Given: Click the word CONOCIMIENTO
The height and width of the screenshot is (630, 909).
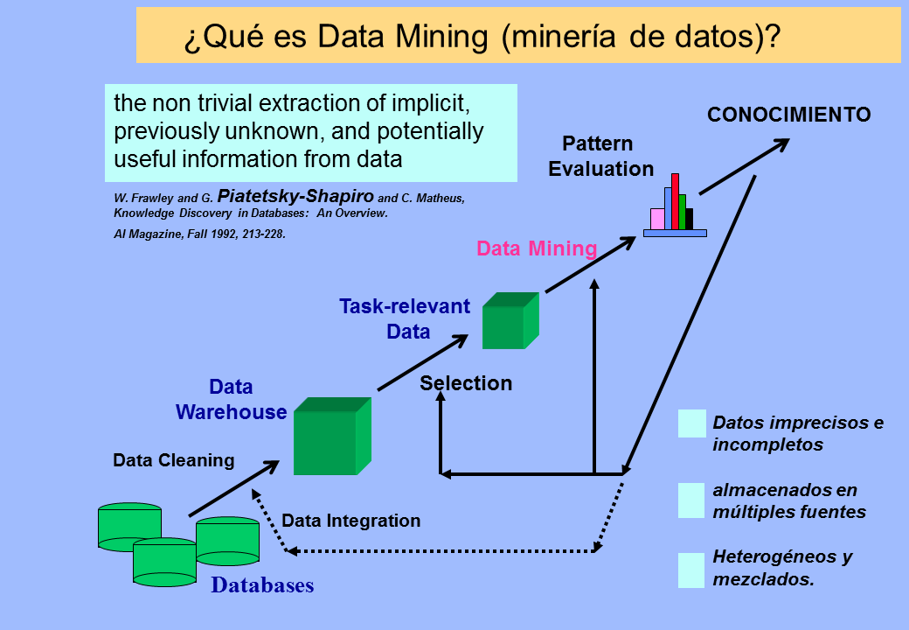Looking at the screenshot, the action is tap(789, 115).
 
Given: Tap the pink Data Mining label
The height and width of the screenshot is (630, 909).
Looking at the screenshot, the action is tap(537, 248).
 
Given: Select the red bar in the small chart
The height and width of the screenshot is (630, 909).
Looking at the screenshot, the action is tap(675, 202).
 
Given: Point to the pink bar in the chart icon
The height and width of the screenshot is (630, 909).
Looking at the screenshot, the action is tap(657, 220).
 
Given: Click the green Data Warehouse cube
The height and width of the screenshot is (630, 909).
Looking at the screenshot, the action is tap(332, 437).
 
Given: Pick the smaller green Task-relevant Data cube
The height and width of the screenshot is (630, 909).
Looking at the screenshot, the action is tap(510, 321).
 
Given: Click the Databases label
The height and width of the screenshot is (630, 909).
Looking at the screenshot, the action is tap(262, 584).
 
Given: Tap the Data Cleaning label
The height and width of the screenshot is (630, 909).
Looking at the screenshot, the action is tap(174, 460).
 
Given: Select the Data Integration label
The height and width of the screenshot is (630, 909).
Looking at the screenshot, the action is tap(350, 521).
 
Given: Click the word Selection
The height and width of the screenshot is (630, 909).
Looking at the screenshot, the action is tap(466, 383).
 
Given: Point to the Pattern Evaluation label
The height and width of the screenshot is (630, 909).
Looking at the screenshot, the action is tap(600, 156).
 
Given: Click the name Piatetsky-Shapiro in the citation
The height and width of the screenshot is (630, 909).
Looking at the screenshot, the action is tap(295, 195).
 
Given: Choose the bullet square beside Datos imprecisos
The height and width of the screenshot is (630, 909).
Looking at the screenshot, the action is tap(692, 423).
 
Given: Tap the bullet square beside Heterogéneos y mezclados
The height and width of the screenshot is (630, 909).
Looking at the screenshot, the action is tap(691, 570).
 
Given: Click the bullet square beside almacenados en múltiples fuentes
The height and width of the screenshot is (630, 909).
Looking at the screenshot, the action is tap(691, 500).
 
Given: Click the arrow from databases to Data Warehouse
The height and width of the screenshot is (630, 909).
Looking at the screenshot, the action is tap(234, 488).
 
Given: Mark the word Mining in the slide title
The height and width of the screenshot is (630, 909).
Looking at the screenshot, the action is tap(441, 36).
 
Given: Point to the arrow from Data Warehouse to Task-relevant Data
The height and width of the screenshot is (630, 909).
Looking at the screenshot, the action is tap(423, 362).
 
